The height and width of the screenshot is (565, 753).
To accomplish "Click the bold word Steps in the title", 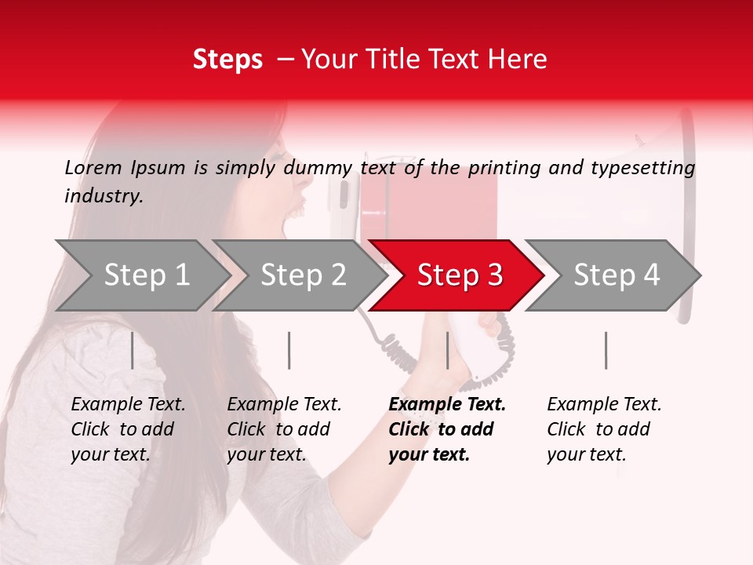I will [x=227, y=60].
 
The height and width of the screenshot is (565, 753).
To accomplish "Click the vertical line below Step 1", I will [x=133, y=350].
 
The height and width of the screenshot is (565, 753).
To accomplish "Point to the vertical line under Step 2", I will [x=289, y=350].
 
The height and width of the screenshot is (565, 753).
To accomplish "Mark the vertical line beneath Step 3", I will [x=447, y=350].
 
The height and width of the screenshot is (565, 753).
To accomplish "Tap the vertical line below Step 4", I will [x=606, y=350].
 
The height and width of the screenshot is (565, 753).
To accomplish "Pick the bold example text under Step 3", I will [x=446, y=429].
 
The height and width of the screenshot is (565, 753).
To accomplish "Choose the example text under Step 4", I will [x=604, y=429].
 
